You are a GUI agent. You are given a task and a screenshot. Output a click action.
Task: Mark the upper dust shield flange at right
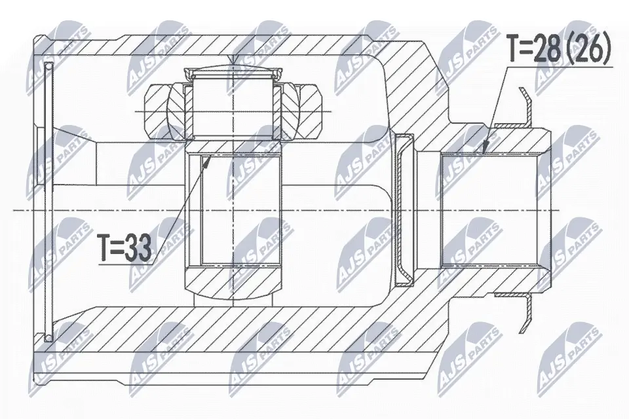click(524, 107)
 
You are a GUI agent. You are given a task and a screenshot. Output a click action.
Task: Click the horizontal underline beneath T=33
click(124, 264)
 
